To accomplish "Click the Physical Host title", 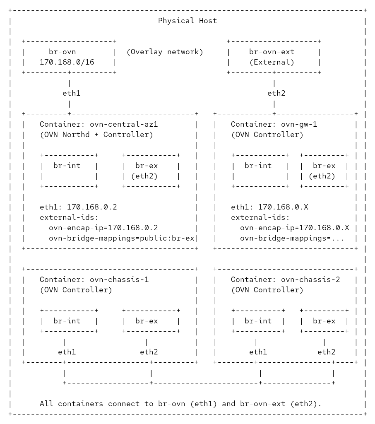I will [187, 21].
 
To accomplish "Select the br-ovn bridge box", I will [69, 57].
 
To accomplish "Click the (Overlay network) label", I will [165, 52].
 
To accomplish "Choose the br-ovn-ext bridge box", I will [274, 57].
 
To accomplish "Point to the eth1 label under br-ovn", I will [71, 93].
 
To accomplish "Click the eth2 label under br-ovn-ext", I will [276, 93].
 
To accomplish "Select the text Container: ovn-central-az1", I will [99, 124].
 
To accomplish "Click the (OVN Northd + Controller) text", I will [96, 135].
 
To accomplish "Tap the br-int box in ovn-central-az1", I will [69, 171].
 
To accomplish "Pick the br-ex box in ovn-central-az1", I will [151, 171].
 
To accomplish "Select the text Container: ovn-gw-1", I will [274, 124].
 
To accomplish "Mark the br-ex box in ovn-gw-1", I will [324, 171].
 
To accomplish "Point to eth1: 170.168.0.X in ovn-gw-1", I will [269, 207].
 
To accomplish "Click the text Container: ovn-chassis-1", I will [94, 279].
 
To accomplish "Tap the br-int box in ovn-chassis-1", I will [69, 321].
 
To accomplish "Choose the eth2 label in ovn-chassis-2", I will [326, 352].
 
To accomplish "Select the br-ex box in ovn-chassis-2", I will [324, 321].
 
